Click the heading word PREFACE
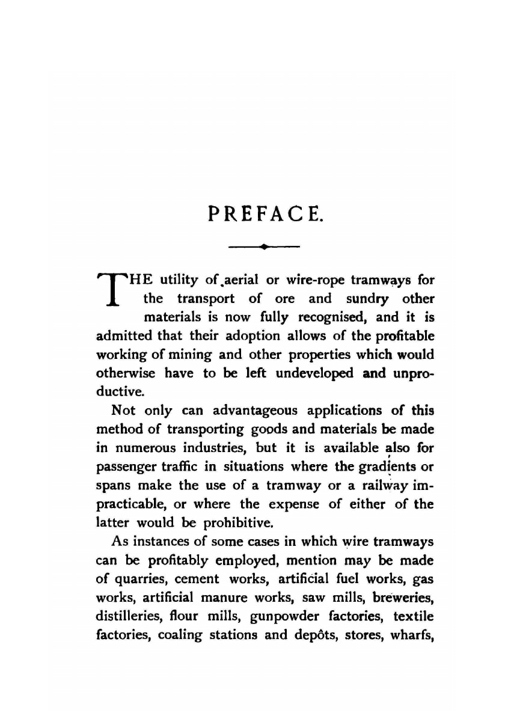265,212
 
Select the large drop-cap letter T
111,291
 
